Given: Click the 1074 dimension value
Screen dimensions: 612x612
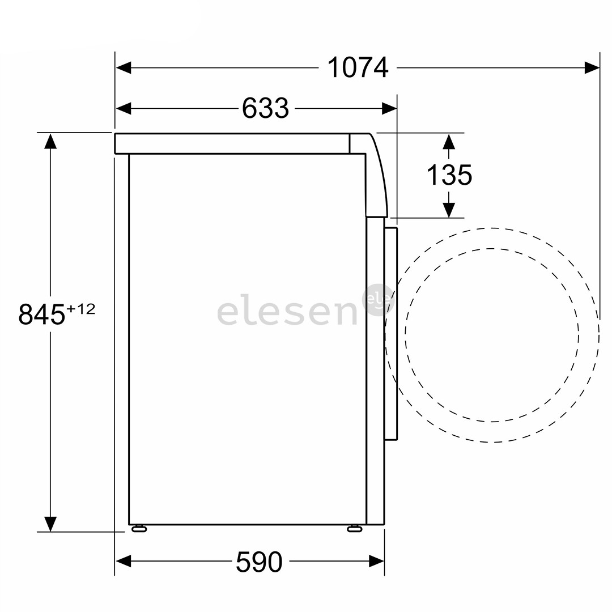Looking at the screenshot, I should click(x=358, y=68).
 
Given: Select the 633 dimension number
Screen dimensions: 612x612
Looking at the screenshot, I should click(x=265, y=108).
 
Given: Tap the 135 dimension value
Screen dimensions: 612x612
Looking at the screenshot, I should click(x=449, y=175).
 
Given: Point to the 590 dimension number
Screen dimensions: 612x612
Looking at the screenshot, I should click(x=259, y=562).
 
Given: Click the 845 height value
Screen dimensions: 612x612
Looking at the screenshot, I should click(x=42, y=314).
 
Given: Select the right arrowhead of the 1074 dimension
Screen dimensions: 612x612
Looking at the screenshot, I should click(x=592, y=68).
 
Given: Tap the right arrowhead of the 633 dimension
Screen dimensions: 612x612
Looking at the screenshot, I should click(x=389, y=108).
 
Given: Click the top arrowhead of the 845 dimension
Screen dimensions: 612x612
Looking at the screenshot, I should click(x=50, y=141).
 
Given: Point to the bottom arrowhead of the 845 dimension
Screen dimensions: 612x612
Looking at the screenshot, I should click(x=50, y=524).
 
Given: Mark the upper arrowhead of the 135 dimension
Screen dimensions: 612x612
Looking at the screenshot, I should click(x=449, y=141).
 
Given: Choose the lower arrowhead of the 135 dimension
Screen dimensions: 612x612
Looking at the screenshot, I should click(x=449, y=210).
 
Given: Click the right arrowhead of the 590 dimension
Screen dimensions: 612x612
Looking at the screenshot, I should click(x=377, y=562).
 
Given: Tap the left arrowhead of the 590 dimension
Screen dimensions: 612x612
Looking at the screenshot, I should click(x=124, y=562).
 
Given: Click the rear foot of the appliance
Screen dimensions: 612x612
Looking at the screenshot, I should click(x=139, y=529).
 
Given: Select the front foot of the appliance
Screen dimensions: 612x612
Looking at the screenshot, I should click(x=355, y=529).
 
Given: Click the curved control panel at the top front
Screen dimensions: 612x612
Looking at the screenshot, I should click(x=376, y=176).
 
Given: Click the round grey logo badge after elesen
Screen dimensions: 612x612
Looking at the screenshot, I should click(x=377, y=299).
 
